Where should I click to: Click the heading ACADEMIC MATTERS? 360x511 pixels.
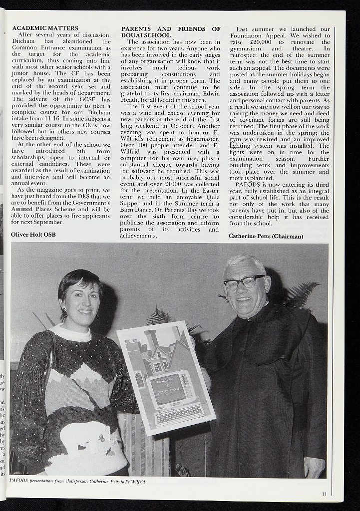[x=45, y=28]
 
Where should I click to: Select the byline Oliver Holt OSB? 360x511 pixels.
[x=33, y=234]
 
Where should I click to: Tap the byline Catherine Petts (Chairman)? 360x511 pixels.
[x=266, y=236]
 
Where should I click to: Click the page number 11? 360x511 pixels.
[x=324, y=494]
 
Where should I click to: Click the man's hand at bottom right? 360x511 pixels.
[x=314, y=467]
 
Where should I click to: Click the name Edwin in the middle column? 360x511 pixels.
[x=210, y=93]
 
